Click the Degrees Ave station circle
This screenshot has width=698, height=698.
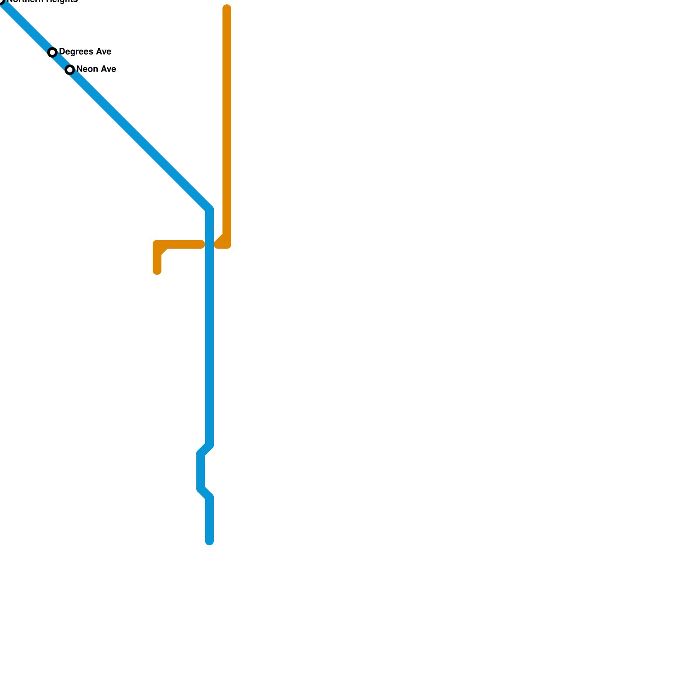[52, 52]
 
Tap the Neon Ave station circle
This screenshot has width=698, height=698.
[70, 70]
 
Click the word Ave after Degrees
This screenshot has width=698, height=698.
[103, 52]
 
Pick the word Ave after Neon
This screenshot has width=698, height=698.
[108, 69]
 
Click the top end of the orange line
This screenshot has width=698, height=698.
[227, 9]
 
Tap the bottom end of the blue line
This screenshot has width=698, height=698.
[209, 541]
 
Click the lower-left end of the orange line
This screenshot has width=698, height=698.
[157, 271]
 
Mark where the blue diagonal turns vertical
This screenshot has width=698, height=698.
[209, 209]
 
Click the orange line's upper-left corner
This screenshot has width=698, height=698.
[157, 244]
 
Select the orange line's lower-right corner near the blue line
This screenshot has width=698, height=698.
[226, 244]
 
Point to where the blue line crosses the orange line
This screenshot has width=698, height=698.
[209, 244]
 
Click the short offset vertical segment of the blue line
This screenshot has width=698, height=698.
[201, 471]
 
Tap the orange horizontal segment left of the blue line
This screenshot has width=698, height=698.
[183, 244]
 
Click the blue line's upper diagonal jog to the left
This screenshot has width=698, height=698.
[205, 449]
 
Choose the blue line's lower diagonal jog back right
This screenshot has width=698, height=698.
[205, 493]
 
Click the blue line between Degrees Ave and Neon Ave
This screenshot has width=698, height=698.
[61, 61]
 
